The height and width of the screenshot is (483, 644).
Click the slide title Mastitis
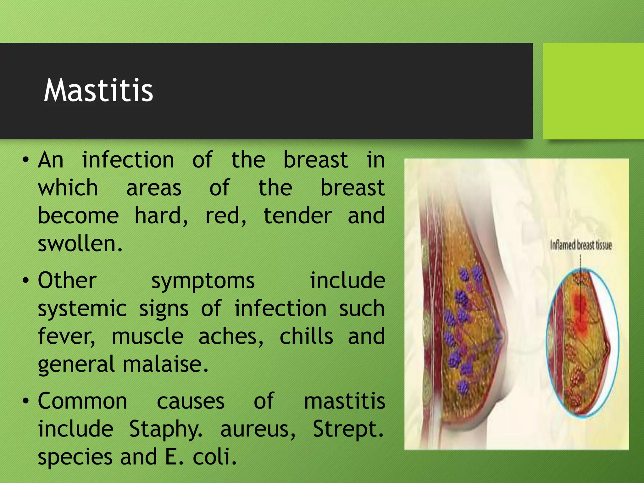[x=98, y=91]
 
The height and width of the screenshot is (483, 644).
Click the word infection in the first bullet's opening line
[x=128, y=160]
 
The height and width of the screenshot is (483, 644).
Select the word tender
[x=297, y=216]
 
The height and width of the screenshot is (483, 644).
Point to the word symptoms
[x=203, y=281]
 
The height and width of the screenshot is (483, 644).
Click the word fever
[x=66, y=336]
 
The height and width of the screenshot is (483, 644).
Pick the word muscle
[x=147, y=336]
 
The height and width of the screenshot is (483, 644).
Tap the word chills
[x=306, y=336]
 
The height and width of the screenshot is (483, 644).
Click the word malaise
[x=165, y=364]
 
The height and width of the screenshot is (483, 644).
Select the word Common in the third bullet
[x=82, y=401]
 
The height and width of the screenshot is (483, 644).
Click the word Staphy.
[x=166, y=429]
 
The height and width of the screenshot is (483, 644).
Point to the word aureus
[x=258, y=429]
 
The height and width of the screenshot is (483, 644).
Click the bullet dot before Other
[x=26, y=280]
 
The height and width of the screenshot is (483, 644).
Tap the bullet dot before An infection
[x=26, y=160]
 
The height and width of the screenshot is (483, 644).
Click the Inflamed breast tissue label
[x=580, y=245]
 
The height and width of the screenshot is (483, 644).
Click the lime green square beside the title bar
[x=593, y=91]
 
